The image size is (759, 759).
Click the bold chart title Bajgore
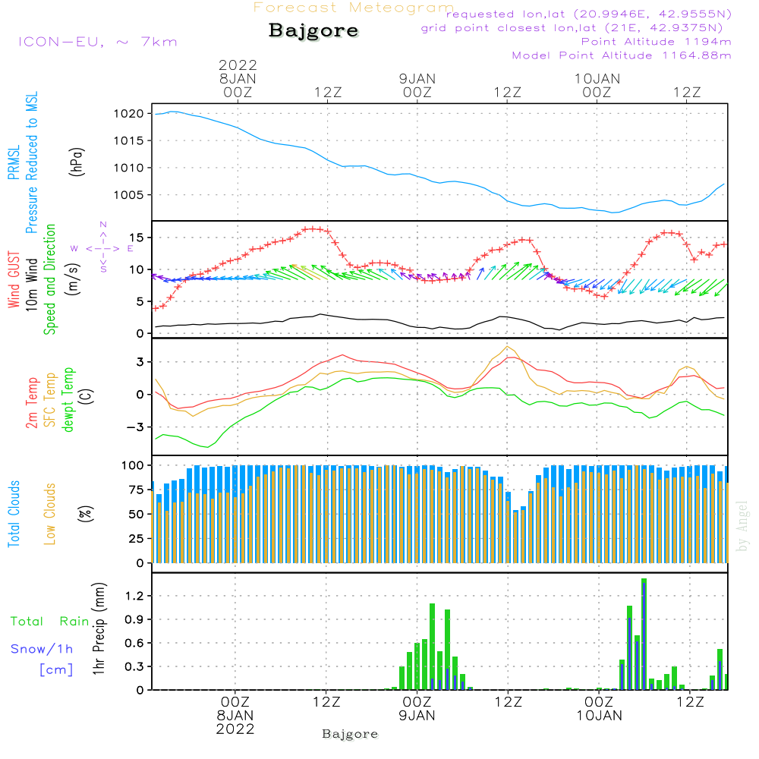point(313,31)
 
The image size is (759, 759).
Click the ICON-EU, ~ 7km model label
point(97,42)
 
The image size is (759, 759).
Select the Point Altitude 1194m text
point(656,42)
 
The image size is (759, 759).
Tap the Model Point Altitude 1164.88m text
point(622,55)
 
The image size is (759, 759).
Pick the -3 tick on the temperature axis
point(137,427)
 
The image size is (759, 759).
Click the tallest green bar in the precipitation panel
point(644,634)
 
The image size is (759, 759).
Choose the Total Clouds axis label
point(14,514)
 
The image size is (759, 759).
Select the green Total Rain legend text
point(50,622)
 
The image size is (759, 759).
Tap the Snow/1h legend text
point(43,649)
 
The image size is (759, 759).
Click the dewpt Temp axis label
point(68,400)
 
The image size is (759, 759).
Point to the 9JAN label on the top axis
point(417,78)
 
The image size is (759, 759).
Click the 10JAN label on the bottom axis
point(598,716)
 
